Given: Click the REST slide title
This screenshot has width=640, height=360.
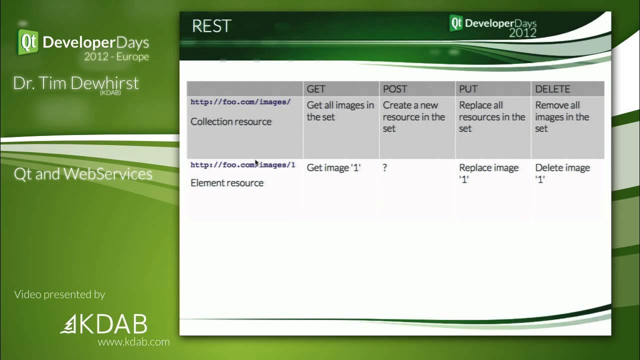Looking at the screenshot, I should [x=211, y=26].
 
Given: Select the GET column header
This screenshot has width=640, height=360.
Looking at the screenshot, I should [x=316, y=89].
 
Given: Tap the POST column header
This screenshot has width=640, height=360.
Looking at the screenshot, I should [x=395, y=89].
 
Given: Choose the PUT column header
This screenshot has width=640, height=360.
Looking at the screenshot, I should [x=468, y=89].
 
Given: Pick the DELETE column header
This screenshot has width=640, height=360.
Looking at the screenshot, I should [x=552, y=89].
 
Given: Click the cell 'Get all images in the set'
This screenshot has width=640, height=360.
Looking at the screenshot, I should [x=340, y=111].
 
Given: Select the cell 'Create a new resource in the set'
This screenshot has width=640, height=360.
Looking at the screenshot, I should [x=413, y=117].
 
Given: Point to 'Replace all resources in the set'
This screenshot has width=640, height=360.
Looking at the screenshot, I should [x=491, y=117].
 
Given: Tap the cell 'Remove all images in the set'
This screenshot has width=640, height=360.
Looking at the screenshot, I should [x=562, y=117].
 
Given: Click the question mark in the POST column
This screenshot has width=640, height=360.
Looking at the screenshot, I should [x=385, y=168].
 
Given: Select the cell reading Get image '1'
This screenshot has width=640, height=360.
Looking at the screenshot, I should [x=333, y=168].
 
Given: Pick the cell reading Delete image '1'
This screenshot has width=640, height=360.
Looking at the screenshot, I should [x=562, y=173].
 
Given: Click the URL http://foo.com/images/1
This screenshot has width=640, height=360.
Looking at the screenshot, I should [x=242, y=165].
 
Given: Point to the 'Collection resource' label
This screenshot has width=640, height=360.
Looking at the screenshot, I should [x=231, y=121].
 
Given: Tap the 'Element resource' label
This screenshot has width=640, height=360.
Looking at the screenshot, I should [x=227, y=183].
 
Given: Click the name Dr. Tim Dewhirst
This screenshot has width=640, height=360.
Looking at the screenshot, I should [x=76, y=83].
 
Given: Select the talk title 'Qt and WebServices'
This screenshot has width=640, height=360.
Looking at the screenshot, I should [x=83, y=174].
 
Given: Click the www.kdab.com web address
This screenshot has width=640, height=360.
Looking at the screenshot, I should [x=133, y=342].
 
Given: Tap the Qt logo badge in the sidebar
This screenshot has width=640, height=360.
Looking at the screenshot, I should [x=28, y=41].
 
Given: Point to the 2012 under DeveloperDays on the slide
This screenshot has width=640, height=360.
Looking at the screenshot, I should [x=522, y=33].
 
